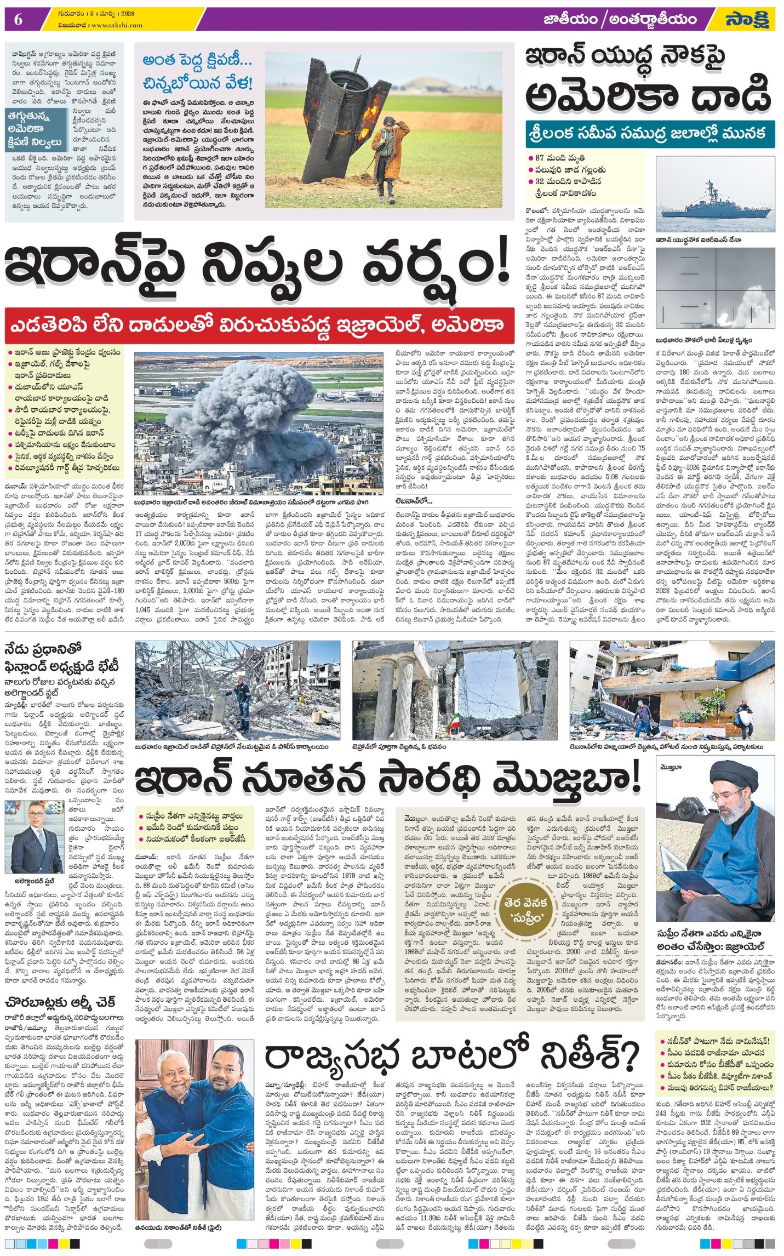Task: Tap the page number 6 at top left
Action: pyautogui.click(x=18, y=20)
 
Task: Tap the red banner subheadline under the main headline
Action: pyautogui.click(x=259, y=325)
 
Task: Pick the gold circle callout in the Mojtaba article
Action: pyautogui.click(x=524, y=910)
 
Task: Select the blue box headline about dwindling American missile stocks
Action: pyautogui.click(x=35, y=129)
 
